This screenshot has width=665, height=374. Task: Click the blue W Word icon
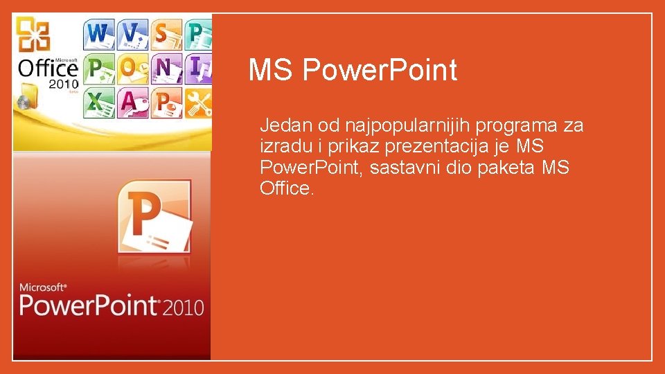click(99, 33)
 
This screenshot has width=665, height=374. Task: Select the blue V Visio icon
click(132, 33)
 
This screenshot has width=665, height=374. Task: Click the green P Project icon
click(99, 68)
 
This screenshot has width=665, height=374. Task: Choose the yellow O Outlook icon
click(132, 68)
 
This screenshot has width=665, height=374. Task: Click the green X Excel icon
click(99, 103)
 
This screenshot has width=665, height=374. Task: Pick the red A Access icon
click(132, 103)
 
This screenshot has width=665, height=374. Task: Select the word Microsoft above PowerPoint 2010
click(43, 286)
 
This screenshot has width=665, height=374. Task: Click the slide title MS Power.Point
click(353, 70)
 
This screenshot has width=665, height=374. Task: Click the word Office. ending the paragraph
click(287, 188)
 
